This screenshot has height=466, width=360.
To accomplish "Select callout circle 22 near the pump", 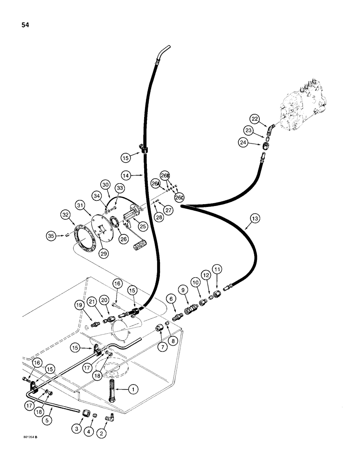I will [254, 119].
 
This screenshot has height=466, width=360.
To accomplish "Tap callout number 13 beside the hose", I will [254, 219].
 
